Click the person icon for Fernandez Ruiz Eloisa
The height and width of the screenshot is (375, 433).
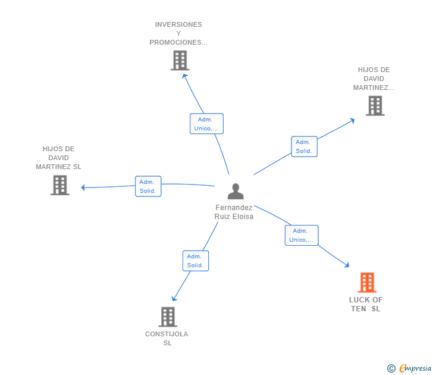click(x=236, y=192)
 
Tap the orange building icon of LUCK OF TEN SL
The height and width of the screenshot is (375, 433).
click(x=367, y=282)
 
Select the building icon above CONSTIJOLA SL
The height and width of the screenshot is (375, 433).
click(x=168, y=317)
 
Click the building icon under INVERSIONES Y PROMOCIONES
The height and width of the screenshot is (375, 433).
click(x=180, y=60)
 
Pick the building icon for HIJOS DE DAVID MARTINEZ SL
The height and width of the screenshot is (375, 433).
click(x=59, y=185)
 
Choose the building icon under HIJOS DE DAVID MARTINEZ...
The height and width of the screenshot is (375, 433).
click(x=375, y=105)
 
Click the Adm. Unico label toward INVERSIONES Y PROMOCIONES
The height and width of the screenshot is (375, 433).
click(x=206, y=124)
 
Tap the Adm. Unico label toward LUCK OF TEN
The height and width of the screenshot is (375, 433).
click(x=301, y=235)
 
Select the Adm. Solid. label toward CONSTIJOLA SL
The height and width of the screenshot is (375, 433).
click(x=195, y=261)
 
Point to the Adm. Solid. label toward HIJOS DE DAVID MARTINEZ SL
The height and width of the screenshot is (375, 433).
click(x=148, y=186)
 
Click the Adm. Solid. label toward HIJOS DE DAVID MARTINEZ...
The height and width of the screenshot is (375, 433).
click(x=304, y=146)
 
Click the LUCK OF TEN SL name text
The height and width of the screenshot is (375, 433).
click(x=366, y=304)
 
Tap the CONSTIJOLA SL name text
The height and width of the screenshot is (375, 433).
click(x=167, y=338)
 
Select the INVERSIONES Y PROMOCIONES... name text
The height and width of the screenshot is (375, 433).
click(x=178, y=33)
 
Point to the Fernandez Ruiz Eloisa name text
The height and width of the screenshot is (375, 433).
click(x=234, y=212)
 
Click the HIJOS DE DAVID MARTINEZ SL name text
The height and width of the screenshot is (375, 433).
click(x=58, y=158)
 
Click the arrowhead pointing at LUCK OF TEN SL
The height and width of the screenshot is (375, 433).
click(x=347, y=265)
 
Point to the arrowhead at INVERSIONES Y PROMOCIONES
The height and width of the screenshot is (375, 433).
click(x=184, y=75)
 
